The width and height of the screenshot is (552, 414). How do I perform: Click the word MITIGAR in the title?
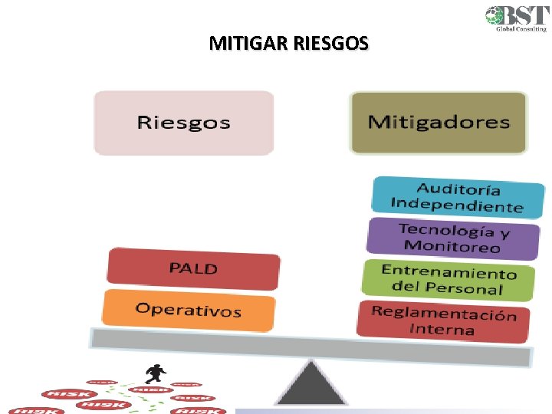[x=248, y=44]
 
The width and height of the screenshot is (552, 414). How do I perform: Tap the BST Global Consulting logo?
[x=516, y=18]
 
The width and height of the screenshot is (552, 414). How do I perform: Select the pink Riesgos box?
[x=183, y=123]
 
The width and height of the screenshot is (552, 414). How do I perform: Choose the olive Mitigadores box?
[x=439, y=122]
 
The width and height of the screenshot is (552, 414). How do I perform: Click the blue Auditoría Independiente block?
[x=458, y=197]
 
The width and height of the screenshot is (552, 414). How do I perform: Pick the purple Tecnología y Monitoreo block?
[x=453, y=237]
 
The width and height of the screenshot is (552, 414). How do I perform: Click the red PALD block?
[x=193, y=268]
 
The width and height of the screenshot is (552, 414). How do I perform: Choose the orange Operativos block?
[x=189, y=310]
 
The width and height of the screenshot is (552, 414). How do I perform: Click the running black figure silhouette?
[x=156, y=373]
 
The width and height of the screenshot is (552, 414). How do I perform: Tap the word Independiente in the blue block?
[x=456, y=205]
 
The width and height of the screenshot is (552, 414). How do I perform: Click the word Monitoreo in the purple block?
[x=452, y=246]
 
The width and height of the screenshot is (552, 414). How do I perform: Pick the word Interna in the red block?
[x=442, y=330]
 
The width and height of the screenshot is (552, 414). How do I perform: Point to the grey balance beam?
[x=310, y=346]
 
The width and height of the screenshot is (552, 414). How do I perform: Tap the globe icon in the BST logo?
[x=495, y=16]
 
